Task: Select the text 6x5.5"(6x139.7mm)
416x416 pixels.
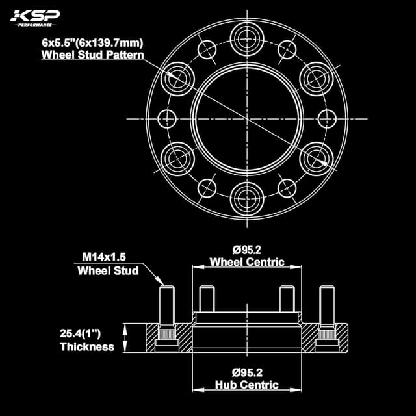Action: [93, 43]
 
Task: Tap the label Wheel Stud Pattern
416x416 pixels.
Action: [93, 55]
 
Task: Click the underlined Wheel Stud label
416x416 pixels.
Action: [108, 270]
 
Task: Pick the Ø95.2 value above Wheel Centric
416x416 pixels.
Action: [246, 249]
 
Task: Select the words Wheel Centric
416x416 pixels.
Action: [246, 263]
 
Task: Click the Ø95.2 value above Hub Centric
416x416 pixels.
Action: [246, 372]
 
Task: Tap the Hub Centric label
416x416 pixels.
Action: [246, 385]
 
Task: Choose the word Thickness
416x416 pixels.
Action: [87, 347]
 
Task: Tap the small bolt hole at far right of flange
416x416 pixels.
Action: [327, 119]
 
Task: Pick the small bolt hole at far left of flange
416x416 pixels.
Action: [168, 119]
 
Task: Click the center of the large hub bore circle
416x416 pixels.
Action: [246, 118]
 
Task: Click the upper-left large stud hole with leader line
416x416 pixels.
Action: [177, 76]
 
